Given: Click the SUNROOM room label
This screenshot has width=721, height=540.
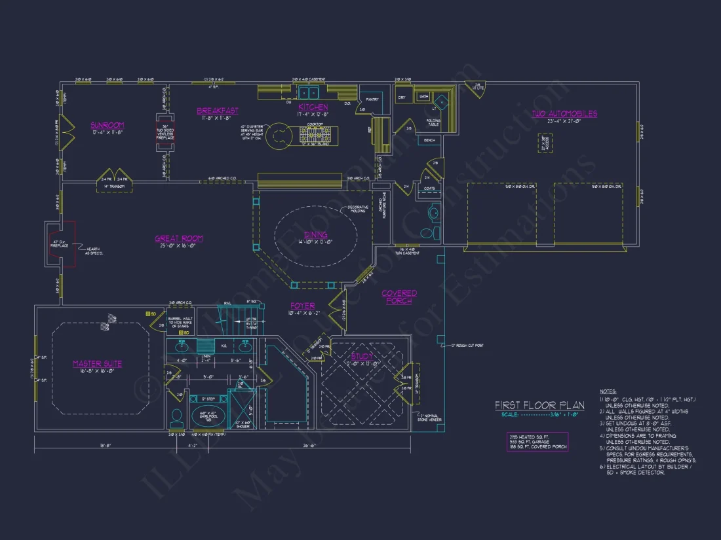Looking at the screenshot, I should click(x=107, y=124).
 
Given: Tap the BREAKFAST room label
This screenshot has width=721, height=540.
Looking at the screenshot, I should click(x=218, y=111).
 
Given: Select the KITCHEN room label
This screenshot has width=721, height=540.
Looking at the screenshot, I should click(x=313, y=107).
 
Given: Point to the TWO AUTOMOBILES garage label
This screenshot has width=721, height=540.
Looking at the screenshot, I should click(x=564, y=113).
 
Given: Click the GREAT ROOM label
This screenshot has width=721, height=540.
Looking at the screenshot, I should click(x=179, y=239).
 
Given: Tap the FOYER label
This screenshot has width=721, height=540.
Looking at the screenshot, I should click(x=303, y=306).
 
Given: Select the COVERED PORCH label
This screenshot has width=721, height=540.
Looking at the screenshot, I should click(x=399, y=297).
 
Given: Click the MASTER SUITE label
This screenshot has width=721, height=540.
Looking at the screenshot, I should click(x=97, y=363).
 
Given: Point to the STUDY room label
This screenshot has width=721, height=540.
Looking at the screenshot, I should click(x=361, y=356).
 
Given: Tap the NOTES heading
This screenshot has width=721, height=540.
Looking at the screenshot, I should click(x=608, y=390).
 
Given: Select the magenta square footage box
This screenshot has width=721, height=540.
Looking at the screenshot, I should click(x=537, y=442).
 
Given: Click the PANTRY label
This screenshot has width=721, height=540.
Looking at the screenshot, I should click(x=373, y=99).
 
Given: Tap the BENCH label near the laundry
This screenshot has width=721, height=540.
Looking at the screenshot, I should click(x=430, y=141).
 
